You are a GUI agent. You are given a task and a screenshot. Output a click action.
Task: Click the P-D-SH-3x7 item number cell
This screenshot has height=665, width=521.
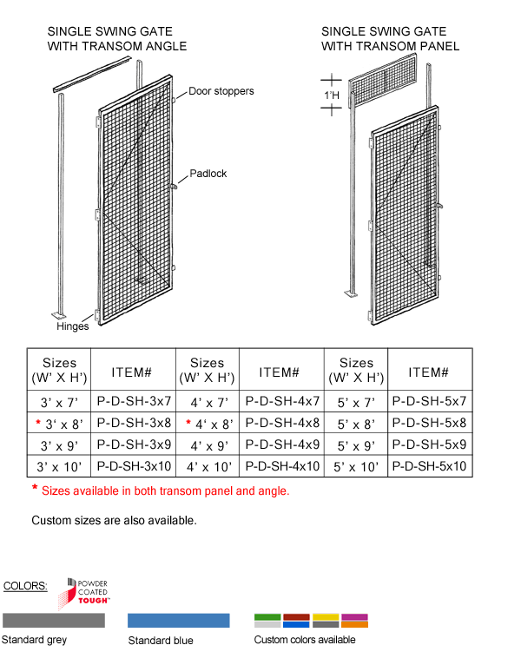[x=133, y=402]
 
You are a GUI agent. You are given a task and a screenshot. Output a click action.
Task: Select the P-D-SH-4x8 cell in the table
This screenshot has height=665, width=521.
[x=282, y=424]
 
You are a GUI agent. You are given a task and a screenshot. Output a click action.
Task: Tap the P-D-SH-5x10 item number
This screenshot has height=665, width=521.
[x=430, y=466]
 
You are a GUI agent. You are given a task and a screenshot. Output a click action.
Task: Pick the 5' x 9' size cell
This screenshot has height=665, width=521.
[x=356, y=445]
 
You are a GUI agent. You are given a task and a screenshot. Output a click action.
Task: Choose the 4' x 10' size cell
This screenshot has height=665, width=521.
[x=207, y=466]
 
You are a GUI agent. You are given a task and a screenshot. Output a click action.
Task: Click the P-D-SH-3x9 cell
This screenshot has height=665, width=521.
[x=133, y=445]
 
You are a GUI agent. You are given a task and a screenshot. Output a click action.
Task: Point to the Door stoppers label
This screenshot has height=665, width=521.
[x=221, y=91]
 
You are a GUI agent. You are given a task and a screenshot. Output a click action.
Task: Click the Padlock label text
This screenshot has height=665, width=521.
[x=208, y=174]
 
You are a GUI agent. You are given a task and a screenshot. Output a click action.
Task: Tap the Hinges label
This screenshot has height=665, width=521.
[x=73, y=327]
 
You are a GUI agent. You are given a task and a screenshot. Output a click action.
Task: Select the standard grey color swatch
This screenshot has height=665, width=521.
[x=54, y=620]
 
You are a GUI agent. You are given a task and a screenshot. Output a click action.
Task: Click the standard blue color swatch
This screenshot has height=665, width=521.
[x=178, y=620]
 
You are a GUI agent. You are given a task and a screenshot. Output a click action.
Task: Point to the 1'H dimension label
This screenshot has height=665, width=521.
[x=331, y=94]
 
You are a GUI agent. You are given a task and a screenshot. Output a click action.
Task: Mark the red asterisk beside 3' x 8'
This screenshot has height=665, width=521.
[x=38, y=423]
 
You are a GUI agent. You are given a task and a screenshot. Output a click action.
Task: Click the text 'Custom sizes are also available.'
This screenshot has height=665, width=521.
[x=114, y=521]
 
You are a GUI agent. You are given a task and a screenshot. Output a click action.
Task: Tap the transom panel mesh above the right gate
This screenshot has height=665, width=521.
[x=388, y=77]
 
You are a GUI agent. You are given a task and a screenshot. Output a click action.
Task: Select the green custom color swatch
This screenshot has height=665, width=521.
[x=267, y=617]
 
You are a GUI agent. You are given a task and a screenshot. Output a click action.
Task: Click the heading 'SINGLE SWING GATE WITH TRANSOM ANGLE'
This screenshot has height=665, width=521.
[x=116, y=39]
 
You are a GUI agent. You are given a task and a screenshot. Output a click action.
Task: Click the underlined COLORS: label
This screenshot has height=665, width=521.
[x=26, y=586]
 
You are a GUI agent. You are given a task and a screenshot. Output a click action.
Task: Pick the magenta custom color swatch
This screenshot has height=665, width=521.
[x=354, y=617]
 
